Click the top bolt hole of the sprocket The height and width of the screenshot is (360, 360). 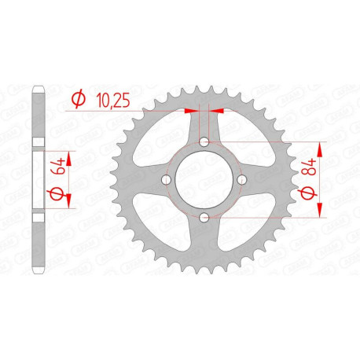click(204, 142)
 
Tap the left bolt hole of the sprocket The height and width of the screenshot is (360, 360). click(167, 180)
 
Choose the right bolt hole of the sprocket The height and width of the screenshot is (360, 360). click(241, 180)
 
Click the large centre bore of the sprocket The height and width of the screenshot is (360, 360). click(204, 180)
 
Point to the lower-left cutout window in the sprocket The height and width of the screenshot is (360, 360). click(160, 225)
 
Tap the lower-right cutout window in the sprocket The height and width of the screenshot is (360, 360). click(248, 225)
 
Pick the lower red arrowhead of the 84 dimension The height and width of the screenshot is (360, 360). click(321, 211)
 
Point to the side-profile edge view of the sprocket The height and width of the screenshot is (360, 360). click(36, 180)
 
